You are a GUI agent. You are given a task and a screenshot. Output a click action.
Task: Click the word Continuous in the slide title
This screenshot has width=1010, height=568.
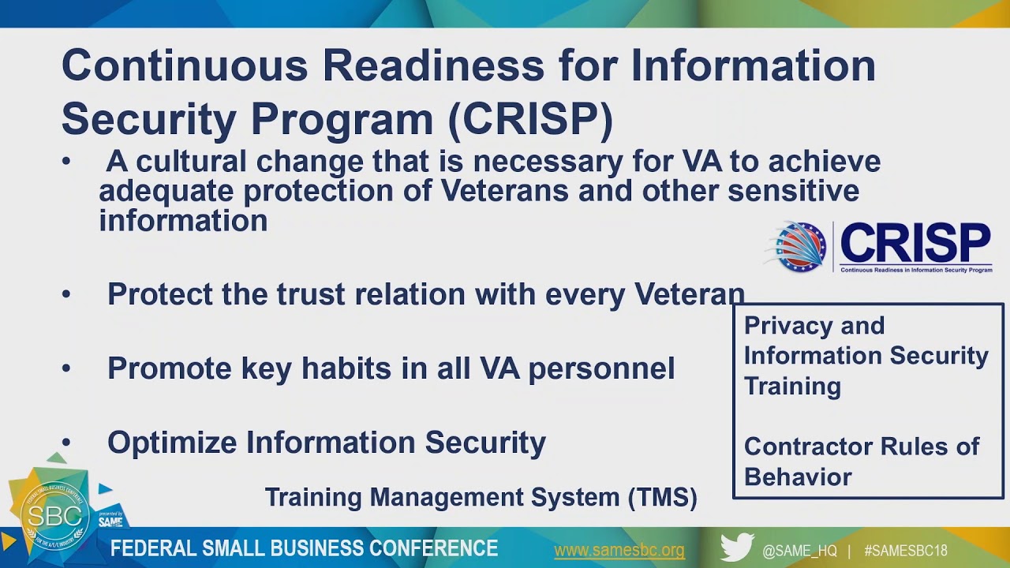point(185,65)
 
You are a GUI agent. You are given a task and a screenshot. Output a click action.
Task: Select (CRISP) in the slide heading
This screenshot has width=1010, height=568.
point(531,119)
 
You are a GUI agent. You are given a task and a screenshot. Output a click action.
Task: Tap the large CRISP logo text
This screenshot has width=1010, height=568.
point(915,244)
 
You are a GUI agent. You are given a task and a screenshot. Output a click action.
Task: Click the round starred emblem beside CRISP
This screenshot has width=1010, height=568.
point(799,247)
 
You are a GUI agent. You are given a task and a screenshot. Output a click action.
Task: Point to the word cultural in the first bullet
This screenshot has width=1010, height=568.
point(191,162)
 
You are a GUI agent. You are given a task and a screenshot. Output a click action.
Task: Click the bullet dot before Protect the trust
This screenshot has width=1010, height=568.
point(66,294)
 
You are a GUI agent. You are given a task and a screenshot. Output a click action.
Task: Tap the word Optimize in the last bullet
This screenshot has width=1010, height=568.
point(172,443)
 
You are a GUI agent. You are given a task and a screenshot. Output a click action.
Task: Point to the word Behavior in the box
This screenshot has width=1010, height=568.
point(798,477)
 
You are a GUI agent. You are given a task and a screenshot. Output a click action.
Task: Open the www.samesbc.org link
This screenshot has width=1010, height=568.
point(619,551)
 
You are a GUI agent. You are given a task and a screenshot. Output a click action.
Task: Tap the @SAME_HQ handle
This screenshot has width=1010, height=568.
point(799,551)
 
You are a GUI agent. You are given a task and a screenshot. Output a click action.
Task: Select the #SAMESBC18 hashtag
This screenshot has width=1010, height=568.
point(905,551)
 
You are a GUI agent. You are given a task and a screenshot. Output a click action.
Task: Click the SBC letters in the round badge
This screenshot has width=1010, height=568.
point(55,516)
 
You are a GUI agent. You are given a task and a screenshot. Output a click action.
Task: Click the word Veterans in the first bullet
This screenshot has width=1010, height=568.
point(504,191)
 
